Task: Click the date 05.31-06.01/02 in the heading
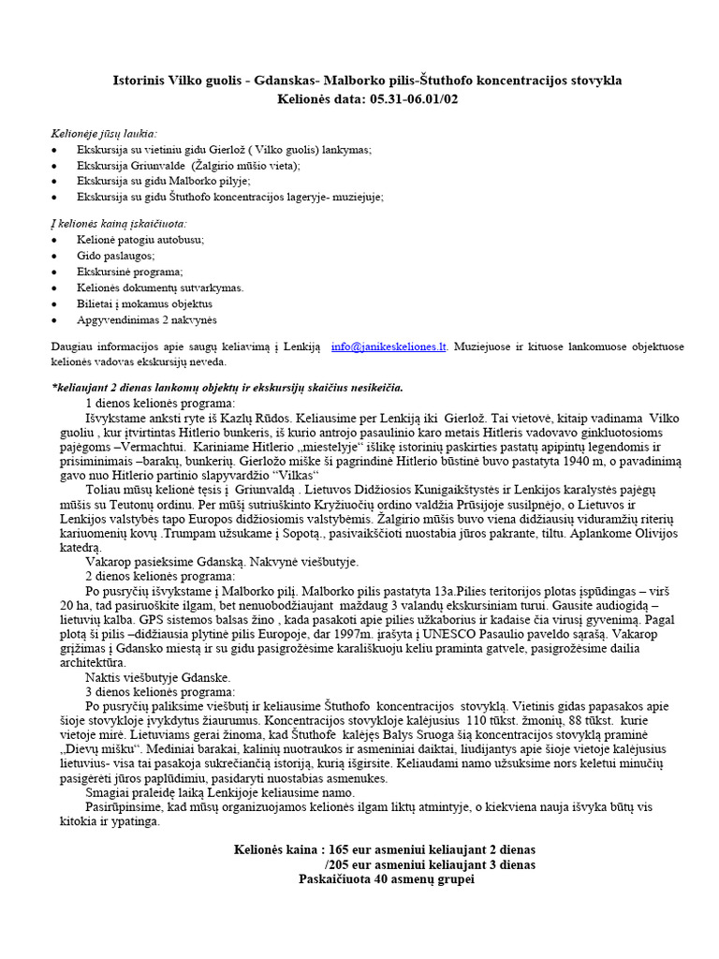[415, 98]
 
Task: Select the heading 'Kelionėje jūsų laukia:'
[104, 133]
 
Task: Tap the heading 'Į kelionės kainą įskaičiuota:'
[118, 223]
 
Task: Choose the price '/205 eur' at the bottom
[348, 864]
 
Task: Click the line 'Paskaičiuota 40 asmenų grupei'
[387, 880]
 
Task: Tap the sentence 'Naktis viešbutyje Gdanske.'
[158, 677]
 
